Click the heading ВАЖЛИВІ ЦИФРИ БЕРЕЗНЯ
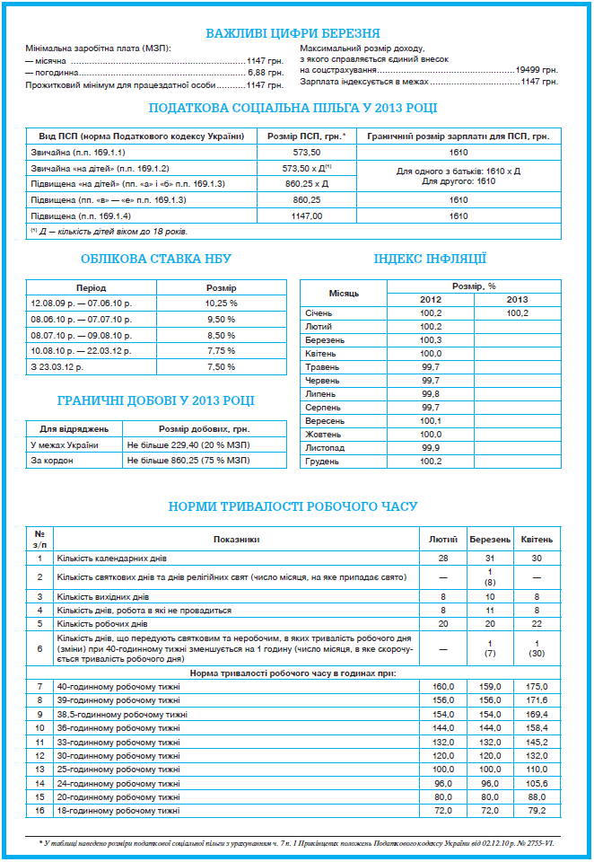pyautogui.click(x=293, y=33)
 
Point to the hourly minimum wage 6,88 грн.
pyautogui.click(x=265, y=72)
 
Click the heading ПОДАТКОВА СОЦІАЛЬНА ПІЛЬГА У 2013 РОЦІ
pyautogui.click(x=293, y=109)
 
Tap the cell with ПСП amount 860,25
pyautogui.click(x=307, y=199)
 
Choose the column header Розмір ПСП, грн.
pyautogui.click(x=307, y=136)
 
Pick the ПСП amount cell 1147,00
pyautogui.click(x=307, y=216)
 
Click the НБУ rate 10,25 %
pyautogui.click(x=221, y=303)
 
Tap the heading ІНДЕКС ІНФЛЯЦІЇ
pyautogui.click(x=430, y=259)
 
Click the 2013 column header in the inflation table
pyautogui.click(x=518, y=299)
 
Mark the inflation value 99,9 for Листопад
pyautogui.click(x=431, y=447)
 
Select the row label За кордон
pyautogui.click(x=52, y=460)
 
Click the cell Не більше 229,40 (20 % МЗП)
pyautogui.click(x=188, y=445)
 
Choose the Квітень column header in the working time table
pyautogui.click(x=537, y=540)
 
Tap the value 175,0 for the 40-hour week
pyautogui.click(x=537, y=687)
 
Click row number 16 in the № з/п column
pyautogui.click(x=39, y=811)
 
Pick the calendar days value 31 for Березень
pyautogui.click(x=490, y=558)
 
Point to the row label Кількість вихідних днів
pyautogui.click(x=103, y=596)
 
